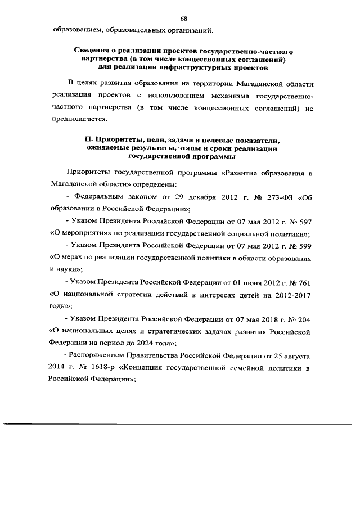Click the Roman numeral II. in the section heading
click(x=88, y=139)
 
